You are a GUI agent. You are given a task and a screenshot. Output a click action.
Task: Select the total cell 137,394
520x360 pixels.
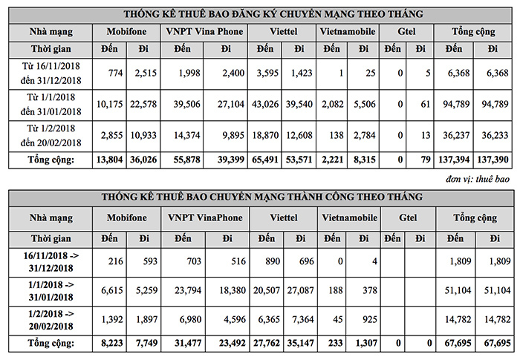pyautogui.click(x=454, y=160)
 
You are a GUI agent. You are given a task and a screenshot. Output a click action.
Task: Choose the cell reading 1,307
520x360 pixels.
pyautogui.click(x=362, y=344)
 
